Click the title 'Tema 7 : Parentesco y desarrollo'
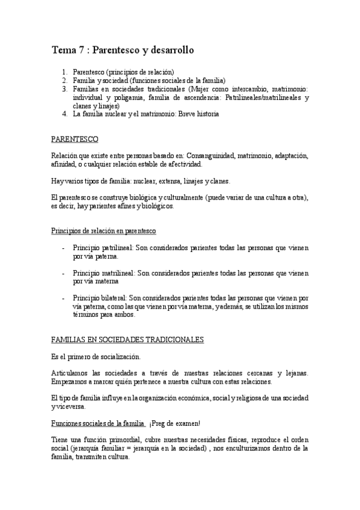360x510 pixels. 123,51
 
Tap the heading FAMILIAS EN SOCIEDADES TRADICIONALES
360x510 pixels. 127,340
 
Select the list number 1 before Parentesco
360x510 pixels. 64,72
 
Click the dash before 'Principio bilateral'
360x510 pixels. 64,298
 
